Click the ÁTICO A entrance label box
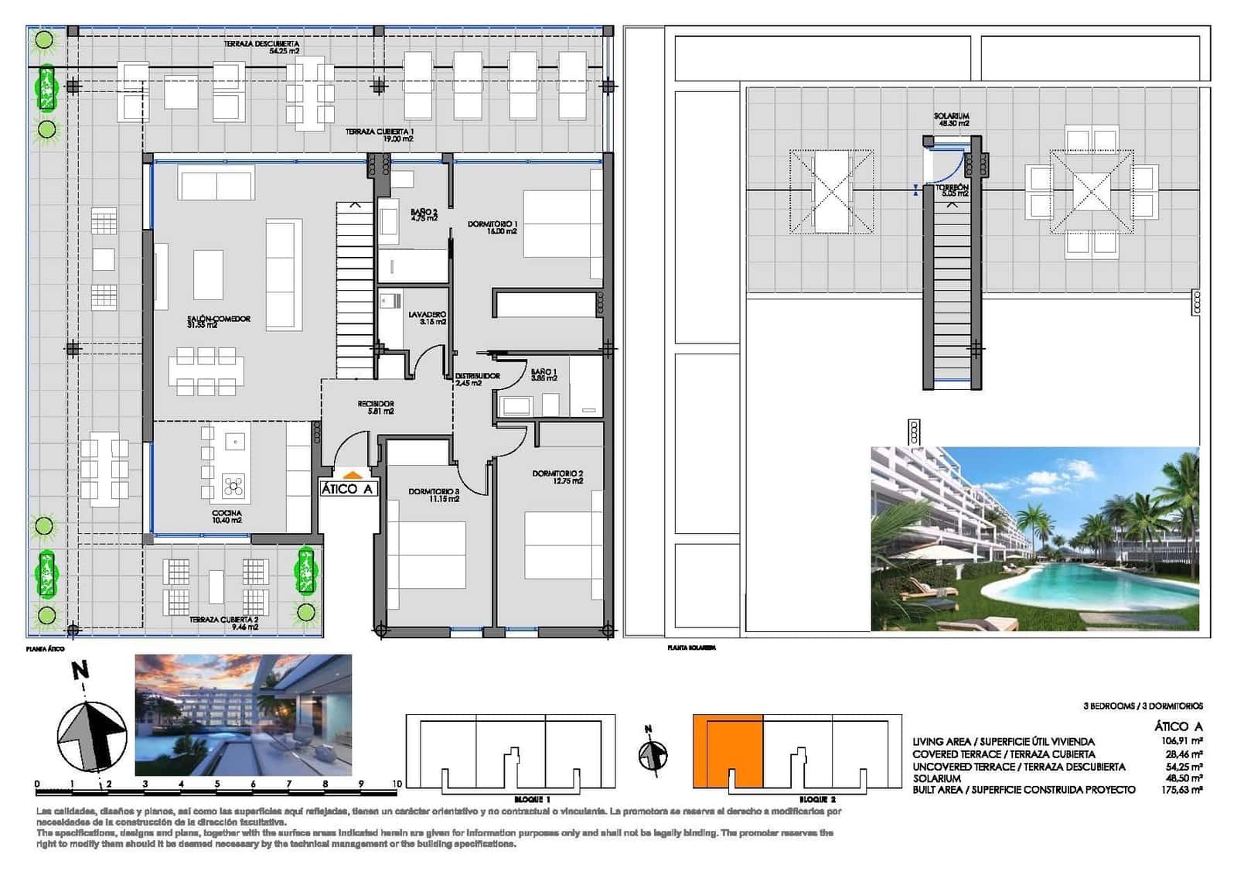347,489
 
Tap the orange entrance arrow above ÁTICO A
351,475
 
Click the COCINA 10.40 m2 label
227,516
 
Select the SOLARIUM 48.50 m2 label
952,119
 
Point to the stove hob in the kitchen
234,486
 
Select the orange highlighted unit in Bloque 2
727,750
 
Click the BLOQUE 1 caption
532,798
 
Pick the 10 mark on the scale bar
397,784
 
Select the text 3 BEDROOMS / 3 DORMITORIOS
1143,706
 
